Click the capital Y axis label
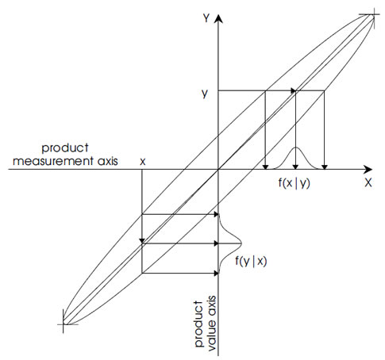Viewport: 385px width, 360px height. pyautogui.click(x=206, y=18)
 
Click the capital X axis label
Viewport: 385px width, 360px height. pyautogui.click(x=368, y=182)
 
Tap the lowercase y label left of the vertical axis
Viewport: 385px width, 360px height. pyautogui.click(x=205, y=93)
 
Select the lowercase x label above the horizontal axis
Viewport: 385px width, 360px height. pyautogui.click(x=143, y=161)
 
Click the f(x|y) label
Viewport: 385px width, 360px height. pyautogui.click(x=294, y=183)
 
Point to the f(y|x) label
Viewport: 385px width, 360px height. pyautogui.click(x=251, y=261)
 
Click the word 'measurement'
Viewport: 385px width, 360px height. pyautogui.click(x=53, y=161)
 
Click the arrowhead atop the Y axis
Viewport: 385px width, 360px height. pyautogui.click(x=218, y=18)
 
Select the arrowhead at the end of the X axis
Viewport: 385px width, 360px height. pyautogui.click(x=368, y=169)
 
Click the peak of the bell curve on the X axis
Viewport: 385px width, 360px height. pyautogui.click(x=296, y=147)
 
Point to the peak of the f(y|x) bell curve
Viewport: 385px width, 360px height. pyautogui.click(x=241, y=243)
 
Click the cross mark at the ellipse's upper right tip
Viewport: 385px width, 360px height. pyautogui.click(x=373, y=15)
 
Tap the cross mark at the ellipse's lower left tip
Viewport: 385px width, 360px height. pyautogui.click(x=64, y=324)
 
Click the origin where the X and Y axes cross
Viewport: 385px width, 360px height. pyautogui.click(x=218, y=169)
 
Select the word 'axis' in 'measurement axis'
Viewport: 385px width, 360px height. pyautogui.click(x=107, y=161)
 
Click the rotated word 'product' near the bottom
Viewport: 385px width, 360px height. pyautogui.click(x=199, y=324)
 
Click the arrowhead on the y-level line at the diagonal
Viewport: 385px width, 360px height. pyautogui.click(x=293, y=91)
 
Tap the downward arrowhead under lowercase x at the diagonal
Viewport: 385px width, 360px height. pyautogui.click(x=142, y=240)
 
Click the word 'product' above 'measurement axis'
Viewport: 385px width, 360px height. pyautogui.click(x=65, y=148)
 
